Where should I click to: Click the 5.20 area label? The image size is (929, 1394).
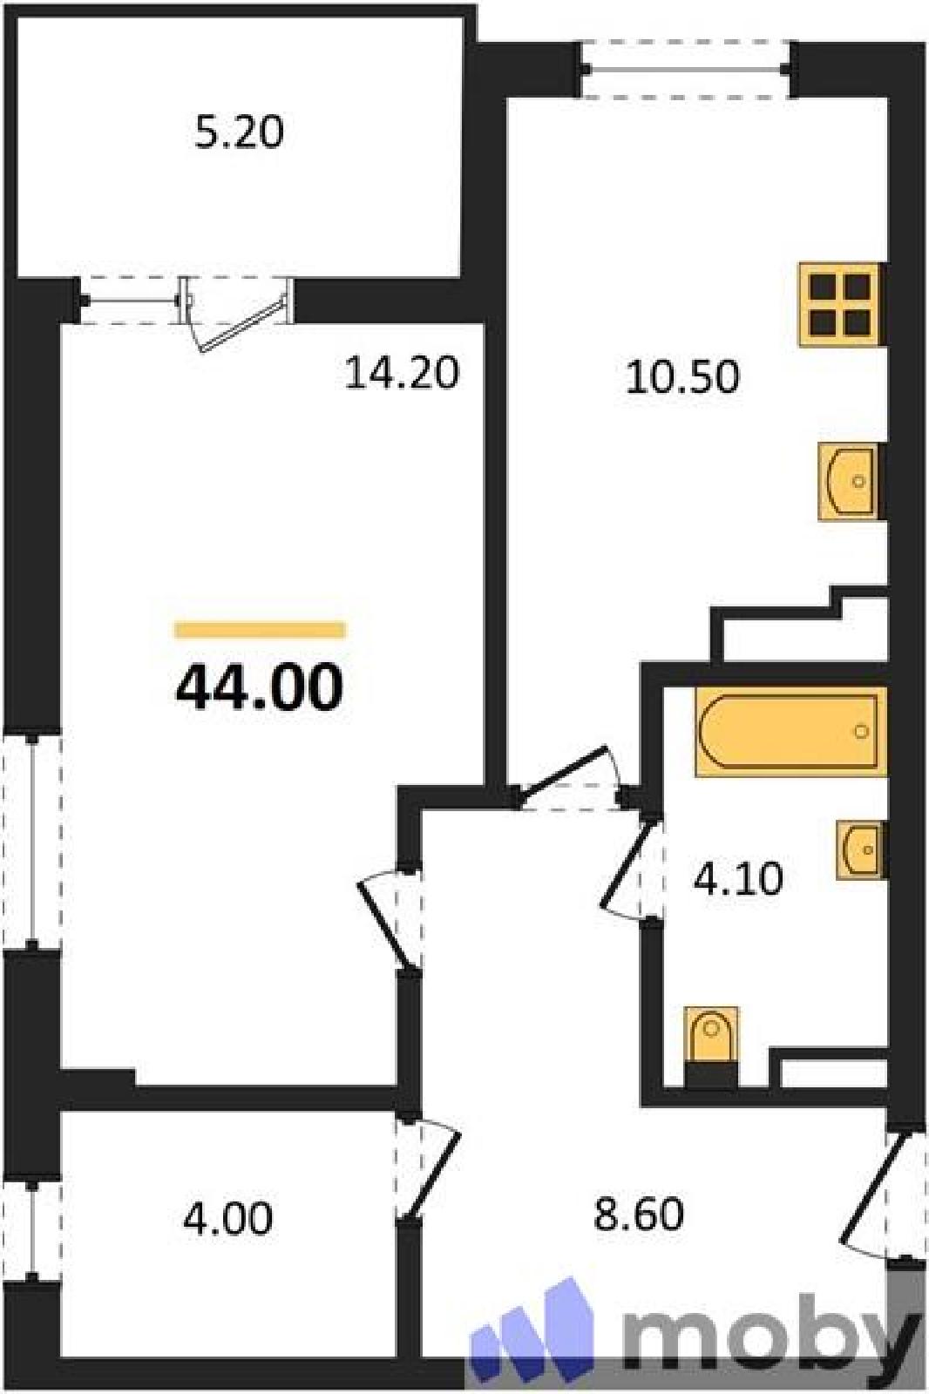[239, 133]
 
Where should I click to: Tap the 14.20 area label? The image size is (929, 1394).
[402, 374]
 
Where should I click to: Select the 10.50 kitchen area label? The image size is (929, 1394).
[682, 377]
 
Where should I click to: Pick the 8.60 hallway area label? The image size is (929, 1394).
[639, 1215]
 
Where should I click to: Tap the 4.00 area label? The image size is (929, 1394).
[227, 1218]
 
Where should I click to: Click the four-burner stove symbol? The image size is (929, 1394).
[842, 304]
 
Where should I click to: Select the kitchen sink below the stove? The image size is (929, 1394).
[851, 481]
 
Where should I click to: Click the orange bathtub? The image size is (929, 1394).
[790, 732]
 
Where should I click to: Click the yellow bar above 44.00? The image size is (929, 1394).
[261, 630]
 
